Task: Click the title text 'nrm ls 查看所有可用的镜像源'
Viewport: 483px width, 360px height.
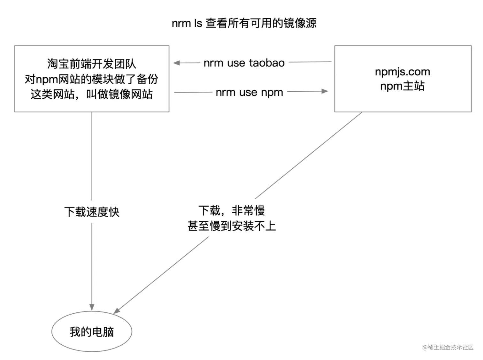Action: [244, 23]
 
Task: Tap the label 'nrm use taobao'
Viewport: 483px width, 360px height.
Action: [244, 63]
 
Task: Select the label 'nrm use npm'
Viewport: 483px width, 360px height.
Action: [249, 92]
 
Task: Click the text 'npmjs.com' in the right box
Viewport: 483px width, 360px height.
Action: [402, 72]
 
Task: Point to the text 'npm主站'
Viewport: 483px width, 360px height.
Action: [402, 86]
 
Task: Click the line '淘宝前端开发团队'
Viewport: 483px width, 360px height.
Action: [92, 64]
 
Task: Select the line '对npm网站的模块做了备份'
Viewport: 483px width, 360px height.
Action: [92, 79]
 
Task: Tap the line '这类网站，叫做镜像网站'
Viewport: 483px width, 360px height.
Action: [92, 94]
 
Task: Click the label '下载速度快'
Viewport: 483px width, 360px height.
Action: [92, 212]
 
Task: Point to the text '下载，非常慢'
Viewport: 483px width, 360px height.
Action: [232, 211]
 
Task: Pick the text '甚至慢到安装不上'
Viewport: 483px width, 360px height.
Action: [232, 226]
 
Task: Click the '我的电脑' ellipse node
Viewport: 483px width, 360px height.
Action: [92, 332]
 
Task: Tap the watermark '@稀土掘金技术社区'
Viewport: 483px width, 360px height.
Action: [448, 347]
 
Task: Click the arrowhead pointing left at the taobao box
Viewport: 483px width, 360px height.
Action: [176, 63]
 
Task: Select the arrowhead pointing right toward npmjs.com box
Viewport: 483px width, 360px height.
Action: [325, 91]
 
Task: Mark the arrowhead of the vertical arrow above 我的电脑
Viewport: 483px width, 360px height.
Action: [92, 307]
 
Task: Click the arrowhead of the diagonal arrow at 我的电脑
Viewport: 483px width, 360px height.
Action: [117, 311]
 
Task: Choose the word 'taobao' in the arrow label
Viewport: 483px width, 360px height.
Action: [267, 63]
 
